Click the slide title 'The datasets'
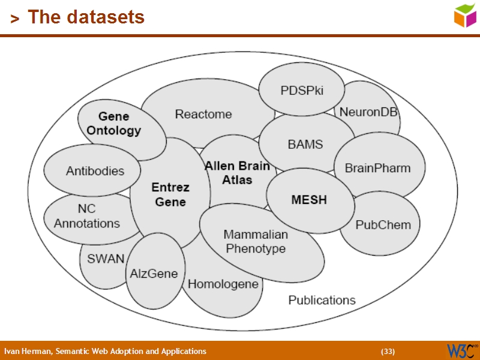[86, 17]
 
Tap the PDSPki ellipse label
[302, 91]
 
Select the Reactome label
[203, 114]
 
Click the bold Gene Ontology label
[114, 123]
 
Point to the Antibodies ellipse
[95, 171]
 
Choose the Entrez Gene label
[170, 194]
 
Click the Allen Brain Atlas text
[237, 172]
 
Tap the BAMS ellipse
[305, 144]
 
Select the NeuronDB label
[368, 112]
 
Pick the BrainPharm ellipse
[377, 168]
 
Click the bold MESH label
[309, 200]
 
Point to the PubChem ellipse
[383, 225]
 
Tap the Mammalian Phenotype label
[256, 241]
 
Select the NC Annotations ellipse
[87, 217]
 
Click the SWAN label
[106, 259]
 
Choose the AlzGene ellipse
[154, 274]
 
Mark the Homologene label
[223, 284]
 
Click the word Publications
[322, 300]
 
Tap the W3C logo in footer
[462, 350]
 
